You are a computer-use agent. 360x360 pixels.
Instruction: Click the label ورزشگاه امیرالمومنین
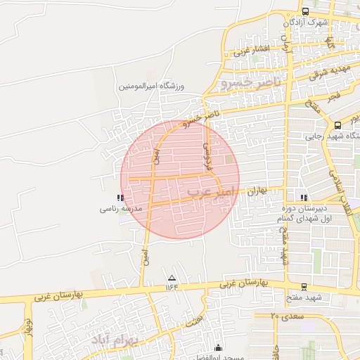coord(153,86)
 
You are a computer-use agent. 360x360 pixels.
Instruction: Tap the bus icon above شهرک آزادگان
coord(305,11)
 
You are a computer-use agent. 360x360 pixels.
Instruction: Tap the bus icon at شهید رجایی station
coord(338,124)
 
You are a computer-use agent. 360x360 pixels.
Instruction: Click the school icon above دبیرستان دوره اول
coord(304,198)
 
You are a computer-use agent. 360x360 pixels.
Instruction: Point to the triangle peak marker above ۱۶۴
coord(172,277)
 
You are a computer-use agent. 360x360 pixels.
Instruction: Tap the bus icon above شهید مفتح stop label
coord(304,286)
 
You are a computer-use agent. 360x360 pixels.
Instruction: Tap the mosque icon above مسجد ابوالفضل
coord(218,347)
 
